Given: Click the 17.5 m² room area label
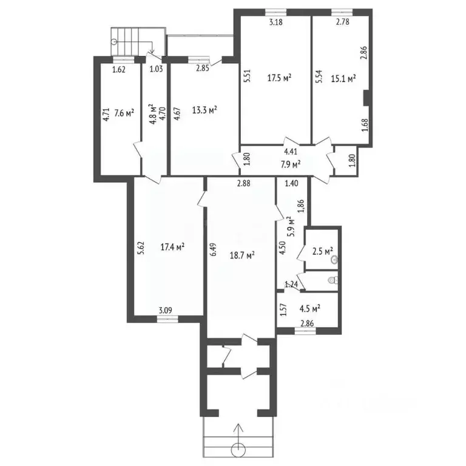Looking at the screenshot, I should pos(279,78).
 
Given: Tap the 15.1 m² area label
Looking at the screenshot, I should pos(343,78).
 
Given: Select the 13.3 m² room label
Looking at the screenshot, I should pos(204,110).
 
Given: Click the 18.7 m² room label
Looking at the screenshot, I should pos(241,255).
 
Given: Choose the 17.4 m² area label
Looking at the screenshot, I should pos(172,247).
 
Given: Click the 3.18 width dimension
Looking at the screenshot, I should pos(276,22).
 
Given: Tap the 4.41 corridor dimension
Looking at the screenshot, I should pos(291,153).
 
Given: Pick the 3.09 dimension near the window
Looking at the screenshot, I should pos(165,311).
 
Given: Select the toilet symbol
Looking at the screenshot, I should pos(331,280).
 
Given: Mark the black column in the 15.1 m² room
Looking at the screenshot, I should pos(366,98).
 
